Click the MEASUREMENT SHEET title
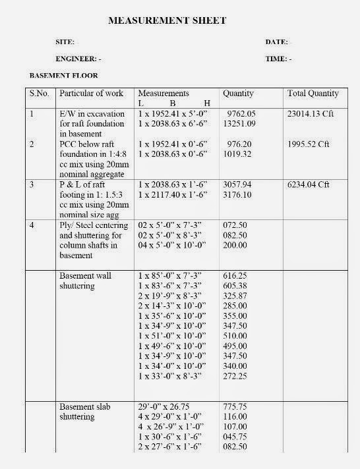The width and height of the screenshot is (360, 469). click(x=167, y=20)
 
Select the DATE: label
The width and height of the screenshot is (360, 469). click(x=276, y=41)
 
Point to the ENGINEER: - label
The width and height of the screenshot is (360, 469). click(x=78, y=59)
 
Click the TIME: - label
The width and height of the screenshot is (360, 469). click(x=278, y=59)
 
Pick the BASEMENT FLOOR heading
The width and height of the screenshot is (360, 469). click(x=64, y=76)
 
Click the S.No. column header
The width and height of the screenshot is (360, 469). click(x=40, y=94)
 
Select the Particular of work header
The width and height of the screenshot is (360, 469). click(x=91, y=94)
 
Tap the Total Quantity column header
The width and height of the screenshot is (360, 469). click(x=313, y=94)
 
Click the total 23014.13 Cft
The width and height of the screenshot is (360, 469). click(x=311, y=113)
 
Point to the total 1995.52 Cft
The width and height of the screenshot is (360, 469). click(x=309, y=143)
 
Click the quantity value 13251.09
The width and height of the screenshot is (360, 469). click(x=240, y=123)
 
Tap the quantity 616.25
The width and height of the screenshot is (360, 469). click(x=235, y=275)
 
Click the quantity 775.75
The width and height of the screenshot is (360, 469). click(x=235, y=407)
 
